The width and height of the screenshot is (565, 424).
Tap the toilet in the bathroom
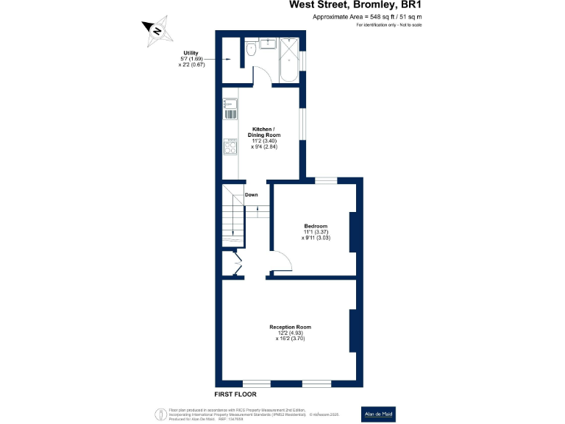[x=252, y=49]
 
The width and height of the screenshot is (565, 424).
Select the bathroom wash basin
[x=267, y=43]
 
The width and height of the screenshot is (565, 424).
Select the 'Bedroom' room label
[x=316, y=226]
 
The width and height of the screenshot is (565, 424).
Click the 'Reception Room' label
[x=290, y=327]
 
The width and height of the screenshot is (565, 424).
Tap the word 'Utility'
[x=191, y=53]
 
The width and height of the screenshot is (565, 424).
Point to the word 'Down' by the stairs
[x=252, y=195]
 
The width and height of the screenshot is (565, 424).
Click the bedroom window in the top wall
[x=326, y=180]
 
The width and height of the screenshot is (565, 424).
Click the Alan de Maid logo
[x=379, y=414]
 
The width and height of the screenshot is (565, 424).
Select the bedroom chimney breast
[x=353, y=232]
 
